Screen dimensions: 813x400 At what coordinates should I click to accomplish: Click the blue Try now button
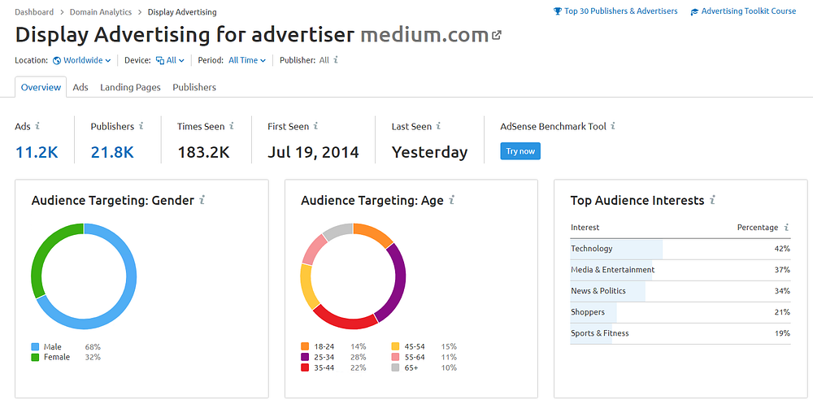pos(520,151)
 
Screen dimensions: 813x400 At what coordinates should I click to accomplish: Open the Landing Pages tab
pos(130,87)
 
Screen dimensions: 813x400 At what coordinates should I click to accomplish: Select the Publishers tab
pos(194,87)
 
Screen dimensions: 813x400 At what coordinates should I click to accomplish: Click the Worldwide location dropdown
pos(82,60)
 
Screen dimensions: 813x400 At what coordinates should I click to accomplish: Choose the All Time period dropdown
pos(247,60)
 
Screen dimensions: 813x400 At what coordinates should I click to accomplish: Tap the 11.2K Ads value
pos(37,153)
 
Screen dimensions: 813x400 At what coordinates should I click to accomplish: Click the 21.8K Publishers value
pos(112,153)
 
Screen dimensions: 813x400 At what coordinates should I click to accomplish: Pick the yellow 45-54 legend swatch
pos(395,346)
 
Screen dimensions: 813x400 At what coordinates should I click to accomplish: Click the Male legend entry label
pos(52,346)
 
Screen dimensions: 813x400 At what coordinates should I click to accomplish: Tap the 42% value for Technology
pos(782,249)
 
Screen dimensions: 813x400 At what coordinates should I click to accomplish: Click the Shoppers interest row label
pos(588,312)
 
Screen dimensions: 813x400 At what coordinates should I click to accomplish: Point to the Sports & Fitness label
pos(599,333)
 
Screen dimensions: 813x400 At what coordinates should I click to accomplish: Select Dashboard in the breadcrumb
pos(34,12)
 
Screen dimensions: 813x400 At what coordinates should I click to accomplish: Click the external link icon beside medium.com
pos(496,35)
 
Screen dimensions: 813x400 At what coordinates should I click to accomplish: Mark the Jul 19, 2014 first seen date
pos(313,153)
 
